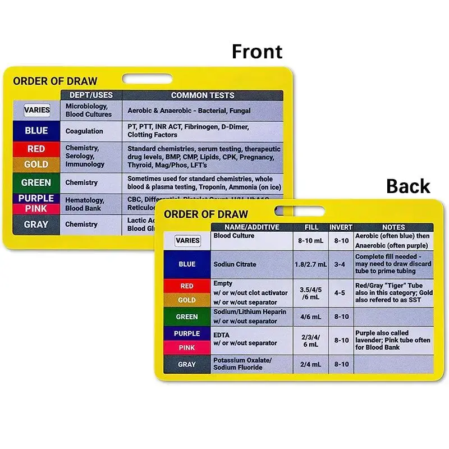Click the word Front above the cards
[x=257, y=52]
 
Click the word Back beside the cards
[x=408, y=186]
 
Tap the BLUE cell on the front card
[x=36, y=131]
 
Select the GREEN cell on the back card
[x=187, y=317]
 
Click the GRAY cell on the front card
[x=36, y=224]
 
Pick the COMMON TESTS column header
[x=203, y=95]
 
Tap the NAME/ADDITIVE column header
[x=251, y=227]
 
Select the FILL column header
[x=311, y=227]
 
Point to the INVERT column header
[x=341, y=227]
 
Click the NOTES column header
[x=393, y=227]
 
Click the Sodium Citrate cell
[x=235, y=264]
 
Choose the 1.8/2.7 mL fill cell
[x=311, y=264]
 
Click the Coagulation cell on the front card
[x=84, y=131]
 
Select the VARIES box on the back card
[x=187, y=241]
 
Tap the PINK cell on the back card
[x=187, y=347]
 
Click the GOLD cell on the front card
[x=36, y=164]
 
